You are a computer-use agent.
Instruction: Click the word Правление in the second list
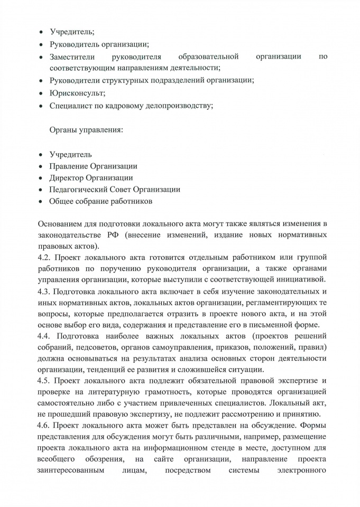pyautogui.click(x=69, y=166)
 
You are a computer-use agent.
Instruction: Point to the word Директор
pyautogui.click(x=67, y=178)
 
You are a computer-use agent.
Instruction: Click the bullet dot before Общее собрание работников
pyautogui.click(x=41, y=202)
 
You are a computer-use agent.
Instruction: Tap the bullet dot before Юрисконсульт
pyautogui.click(x=41, y=93)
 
